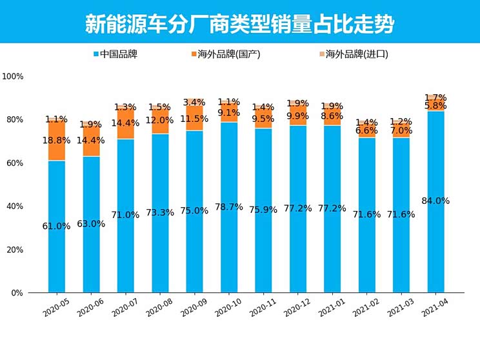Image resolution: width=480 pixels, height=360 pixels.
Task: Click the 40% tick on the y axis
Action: [15, 206]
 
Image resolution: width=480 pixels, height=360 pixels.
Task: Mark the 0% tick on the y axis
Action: [17, 293]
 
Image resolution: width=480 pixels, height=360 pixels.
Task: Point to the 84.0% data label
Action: [435, 201]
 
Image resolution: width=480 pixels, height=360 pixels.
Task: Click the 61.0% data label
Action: [57, 226]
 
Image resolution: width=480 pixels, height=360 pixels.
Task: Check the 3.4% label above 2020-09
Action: [194, 103]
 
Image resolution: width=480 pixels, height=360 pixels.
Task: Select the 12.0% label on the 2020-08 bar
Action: [160, 120]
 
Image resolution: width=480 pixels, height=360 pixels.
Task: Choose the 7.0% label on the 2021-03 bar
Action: [401, 130]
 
